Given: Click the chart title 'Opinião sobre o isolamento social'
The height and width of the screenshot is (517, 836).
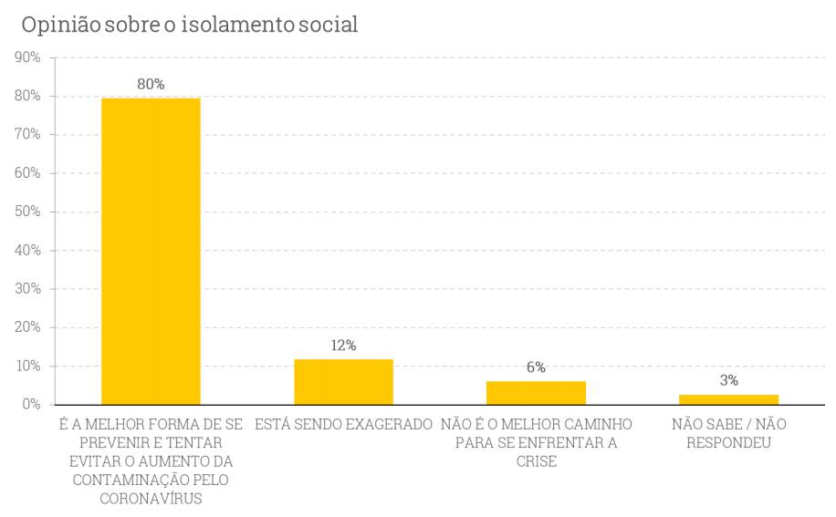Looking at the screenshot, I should click(x=189, y=25).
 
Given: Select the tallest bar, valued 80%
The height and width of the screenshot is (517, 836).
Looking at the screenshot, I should click(x=151, y=251).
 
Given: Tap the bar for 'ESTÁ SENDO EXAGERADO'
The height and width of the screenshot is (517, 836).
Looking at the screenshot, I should click(x=343, y=382).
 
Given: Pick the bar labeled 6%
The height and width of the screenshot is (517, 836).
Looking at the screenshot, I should click(x=536, y=393).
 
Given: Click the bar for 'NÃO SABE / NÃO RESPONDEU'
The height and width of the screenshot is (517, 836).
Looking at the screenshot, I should click(x=728, y=399).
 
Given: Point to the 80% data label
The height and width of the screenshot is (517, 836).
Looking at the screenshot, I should click(x=151, y=84).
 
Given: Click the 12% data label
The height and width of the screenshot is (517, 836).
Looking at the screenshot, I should click(x=343, y=346).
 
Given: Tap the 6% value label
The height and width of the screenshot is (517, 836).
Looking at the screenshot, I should click(x=536, y=367).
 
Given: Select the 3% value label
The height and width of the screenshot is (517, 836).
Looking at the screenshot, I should click(x=728, y=380).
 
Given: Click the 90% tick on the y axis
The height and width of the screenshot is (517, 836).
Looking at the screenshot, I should click(x=27, y=57).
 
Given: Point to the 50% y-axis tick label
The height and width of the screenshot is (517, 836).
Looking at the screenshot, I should click(x=27, y=212).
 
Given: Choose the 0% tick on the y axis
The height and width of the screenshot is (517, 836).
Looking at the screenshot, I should click(x=31, y=404).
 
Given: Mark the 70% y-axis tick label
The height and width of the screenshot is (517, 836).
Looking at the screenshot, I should click(x=27, y=134).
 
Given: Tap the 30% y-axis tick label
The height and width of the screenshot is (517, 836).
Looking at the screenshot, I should click(x=27, y=288).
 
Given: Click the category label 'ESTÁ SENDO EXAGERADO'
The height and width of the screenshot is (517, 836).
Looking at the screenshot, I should click(x=343, y=425).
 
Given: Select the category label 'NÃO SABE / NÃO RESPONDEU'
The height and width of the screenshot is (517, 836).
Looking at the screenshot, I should click(x=728, y=434).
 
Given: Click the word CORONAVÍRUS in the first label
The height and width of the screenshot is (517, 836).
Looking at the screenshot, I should click(x=151, y=499).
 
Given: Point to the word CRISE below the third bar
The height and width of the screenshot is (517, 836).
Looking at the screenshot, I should click(x=536, y=461).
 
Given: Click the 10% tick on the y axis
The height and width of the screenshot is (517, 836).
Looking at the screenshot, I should click(x=27, y=366).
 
